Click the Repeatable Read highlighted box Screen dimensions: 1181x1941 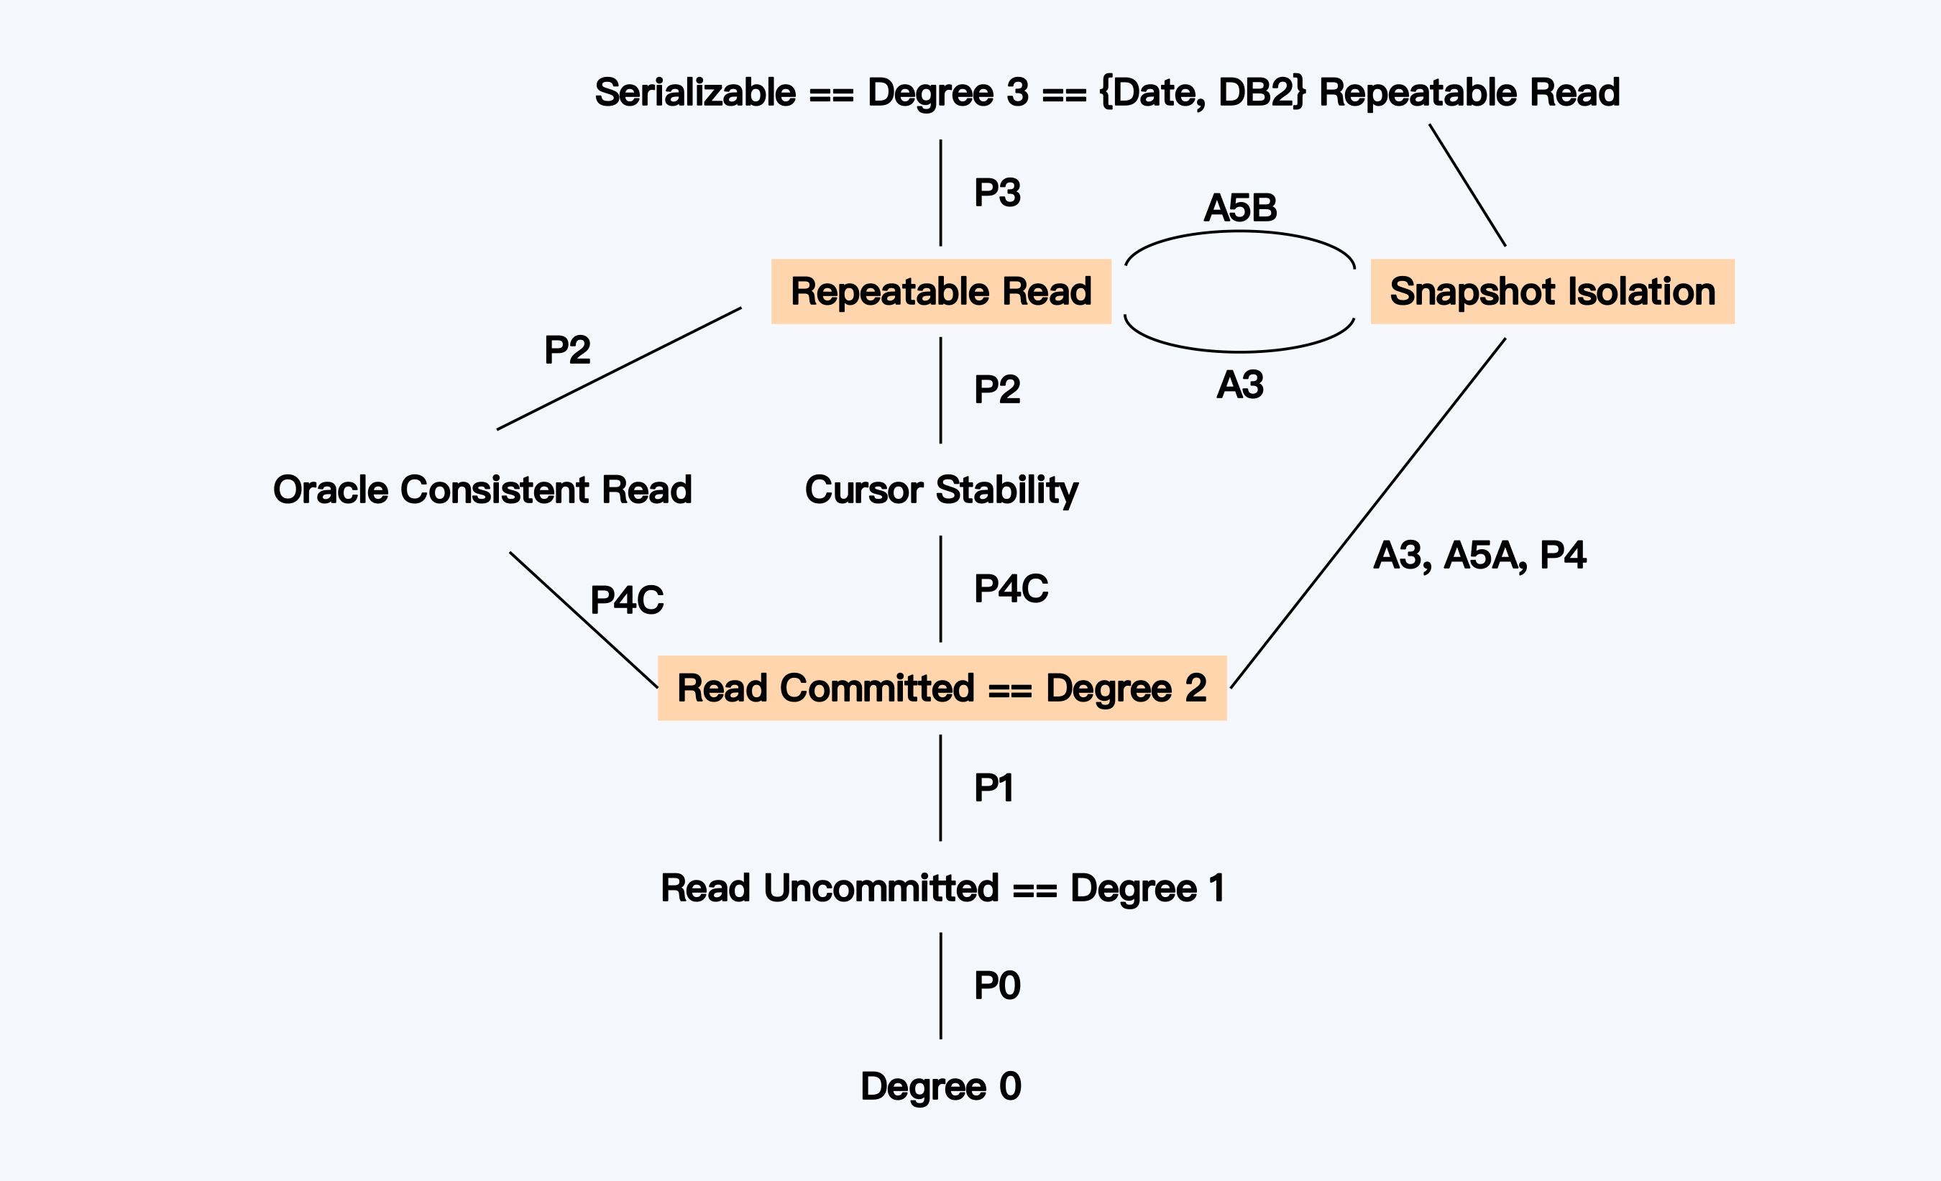point(940,292)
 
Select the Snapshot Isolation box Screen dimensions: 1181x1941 point(1552,292)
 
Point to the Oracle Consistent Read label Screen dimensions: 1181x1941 point(482,490)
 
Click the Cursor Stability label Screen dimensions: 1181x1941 point(941,490)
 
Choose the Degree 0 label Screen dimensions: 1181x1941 point(940,1085)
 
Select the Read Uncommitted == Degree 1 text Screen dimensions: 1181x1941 point(942,887)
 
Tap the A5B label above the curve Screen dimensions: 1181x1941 point(1240,208)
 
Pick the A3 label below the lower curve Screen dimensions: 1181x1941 point(1240,385)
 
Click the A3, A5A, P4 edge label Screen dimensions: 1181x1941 point(1479,555)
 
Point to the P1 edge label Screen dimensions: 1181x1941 point(994,787)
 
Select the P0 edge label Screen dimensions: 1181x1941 point(996,985)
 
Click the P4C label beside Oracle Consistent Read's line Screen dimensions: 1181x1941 point(626,599)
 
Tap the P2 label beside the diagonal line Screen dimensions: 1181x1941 point(567,349)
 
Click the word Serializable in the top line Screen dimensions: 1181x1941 point(694,92)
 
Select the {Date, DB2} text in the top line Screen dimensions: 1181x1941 point(1202,92)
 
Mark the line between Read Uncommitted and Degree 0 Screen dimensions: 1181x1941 point(940,985)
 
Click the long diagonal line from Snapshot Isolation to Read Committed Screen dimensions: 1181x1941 point(1368,513)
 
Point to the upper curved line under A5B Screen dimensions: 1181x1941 point(1240,232)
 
